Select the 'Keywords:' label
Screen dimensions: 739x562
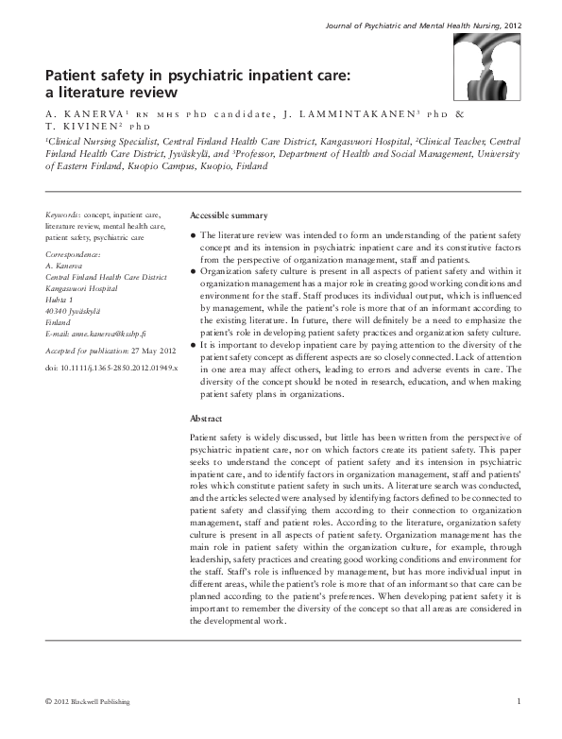tap(63, 216)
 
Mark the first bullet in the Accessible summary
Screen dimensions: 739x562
tap(194, 233)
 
